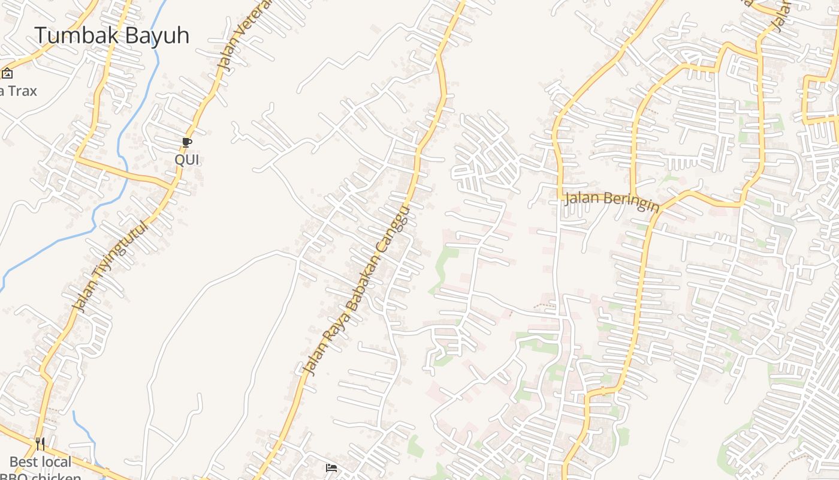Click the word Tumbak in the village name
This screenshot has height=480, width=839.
(67, 35)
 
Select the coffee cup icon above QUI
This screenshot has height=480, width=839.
(186, 143)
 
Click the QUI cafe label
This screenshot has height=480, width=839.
(186, 160)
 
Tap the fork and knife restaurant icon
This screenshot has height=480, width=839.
(40, 444)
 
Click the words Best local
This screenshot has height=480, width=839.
(41, 462)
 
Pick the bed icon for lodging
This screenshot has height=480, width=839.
(331, 468)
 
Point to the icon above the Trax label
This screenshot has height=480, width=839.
(7, 74)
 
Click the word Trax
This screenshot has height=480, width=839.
(22, 91)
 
